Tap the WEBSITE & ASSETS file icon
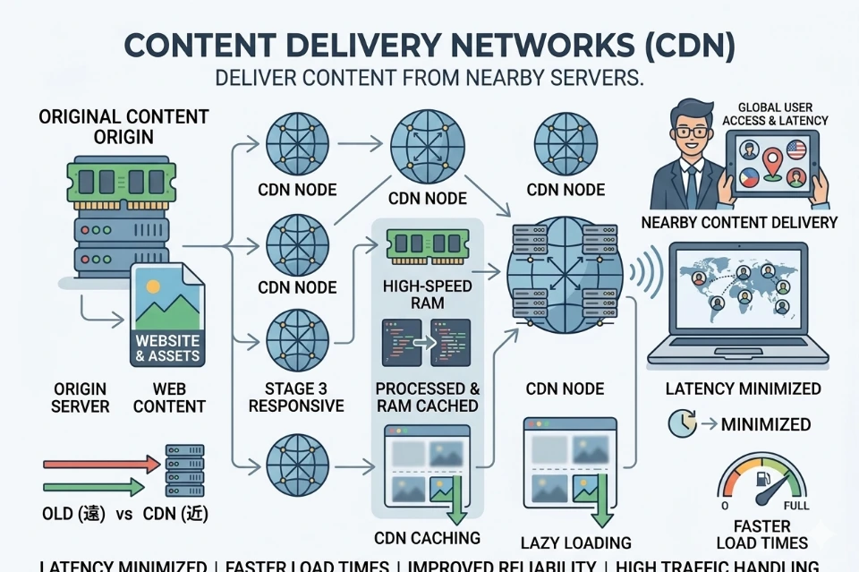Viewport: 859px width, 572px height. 167,315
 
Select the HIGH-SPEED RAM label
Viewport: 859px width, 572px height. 427,295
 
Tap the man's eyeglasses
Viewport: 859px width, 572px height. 690,132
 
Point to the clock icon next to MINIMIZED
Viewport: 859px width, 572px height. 682,423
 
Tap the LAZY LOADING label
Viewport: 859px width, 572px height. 575,542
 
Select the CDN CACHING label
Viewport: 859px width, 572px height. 427,538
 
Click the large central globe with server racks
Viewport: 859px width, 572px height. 564,276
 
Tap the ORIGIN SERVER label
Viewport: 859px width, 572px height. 80,397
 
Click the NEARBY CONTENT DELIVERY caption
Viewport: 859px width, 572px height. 739,222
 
